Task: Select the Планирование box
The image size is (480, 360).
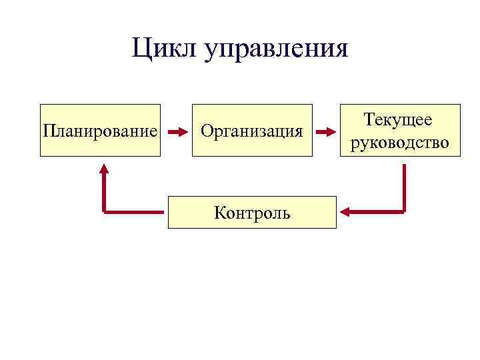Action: coord(101,130)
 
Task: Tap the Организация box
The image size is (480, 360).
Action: coord(252,130)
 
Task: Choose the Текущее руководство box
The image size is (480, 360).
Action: coord(399,130)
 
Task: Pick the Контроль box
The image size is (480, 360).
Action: coord(252,212)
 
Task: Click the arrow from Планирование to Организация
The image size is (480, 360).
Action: coord(177,131)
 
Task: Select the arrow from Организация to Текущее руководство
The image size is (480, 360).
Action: coord(325,131)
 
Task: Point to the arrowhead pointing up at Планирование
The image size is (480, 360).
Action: coord(104,168)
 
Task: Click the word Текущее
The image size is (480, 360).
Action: coord(399,121)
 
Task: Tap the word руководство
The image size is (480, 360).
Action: coord(399,143)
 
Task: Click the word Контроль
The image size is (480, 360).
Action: coord(252,213)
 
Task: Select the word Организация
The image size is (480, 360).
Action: coord(252,131)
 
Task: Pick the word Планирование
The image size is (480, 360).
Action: coord(101,131)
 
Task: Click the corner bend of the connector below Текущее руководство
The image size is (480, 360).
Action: coord(403,211)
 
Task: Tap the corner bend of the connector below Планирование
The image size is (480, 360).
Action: coord(105,211)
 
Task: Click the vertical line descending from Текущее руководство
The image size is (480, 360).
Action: coord(403,187)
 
